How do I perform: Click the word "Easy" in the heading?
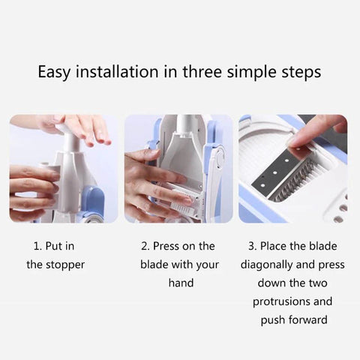point(54,72)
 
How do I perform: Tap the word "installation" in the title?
point(117,71)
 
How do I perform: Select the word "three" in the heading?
point(202,71)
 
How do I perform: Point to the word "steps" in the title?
point(301,73)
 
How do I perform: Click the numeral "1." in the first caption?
point(37,246)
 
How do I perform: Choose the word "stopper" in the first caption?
point(65,265)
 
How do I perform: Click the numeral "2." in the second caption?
point(145,246)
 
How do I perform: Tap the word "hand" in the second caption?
point(181,283)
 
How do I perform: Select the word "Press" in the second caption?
point(166,246)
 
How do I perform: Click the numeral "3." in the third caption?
point(253,246)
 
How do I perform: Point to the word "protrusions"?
point(281,302)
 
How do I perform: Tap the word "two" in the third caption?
point(318,283)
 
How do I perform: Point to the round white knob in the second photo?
point(220,158)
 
